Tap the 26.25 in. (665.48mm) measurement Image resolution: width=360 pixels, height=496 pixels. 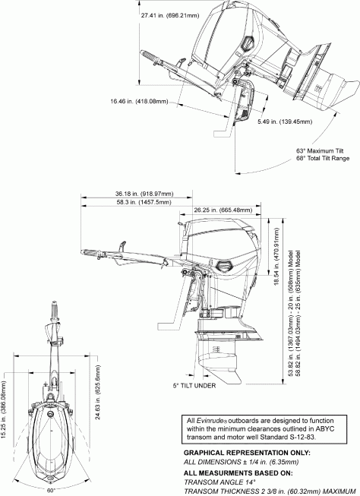tap(222, 210)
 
